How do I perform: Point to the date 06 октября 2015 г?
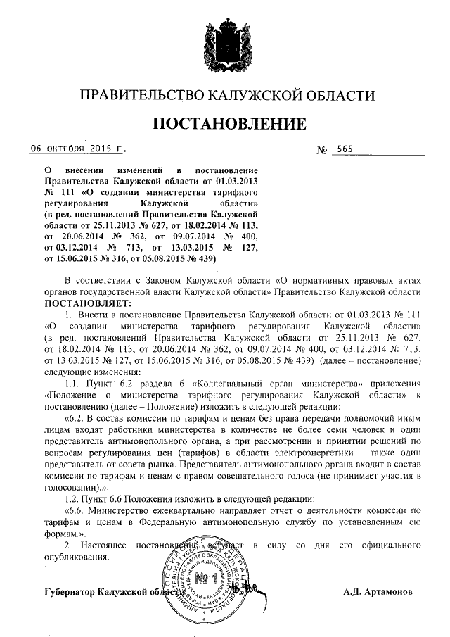77,149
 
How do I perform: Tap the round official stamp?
204,579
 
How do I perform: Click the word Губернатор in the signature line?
70,591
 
